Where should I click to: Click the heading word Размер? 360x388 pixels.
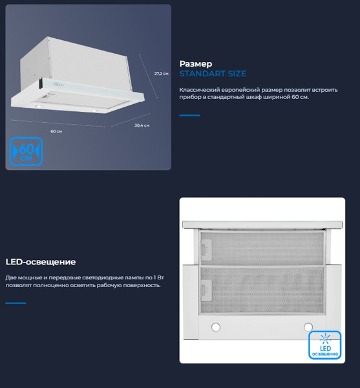point(196,64)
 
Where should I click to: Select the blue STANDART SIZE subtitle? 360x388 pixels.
point(213,74)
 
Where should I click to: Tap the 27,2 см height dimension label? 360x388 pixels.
point(161,74)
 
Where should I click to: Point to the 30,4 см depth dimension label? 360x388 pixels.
point(142,125)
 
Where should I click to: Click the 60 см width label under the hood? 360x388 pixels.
point(56,131)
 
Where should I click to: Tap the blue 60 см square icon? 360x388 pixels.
point(26,151)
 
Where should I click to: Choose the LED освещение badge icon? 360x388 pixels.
point(324,345)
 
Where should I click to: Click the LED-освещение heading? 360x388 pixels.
point(41,262)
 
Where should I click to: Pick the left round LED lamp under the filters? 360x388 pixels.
point(216,327)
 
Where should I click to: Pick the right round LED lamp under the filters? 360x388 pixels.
point(308,327)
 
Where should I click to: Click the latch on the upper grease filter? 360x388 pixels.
point(206,250)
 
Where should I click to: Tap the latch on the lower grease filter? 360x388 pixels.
point(206,290)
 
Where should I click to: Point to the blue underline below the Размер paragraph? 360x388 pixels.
point(189,115)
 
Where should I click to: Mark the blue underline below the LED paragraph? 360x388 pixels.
point(16,303)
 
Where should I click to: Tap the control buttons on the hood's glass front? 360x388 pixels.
point(59,84)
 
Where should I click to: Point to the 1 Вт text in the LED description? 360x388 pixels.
point(159,277)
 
